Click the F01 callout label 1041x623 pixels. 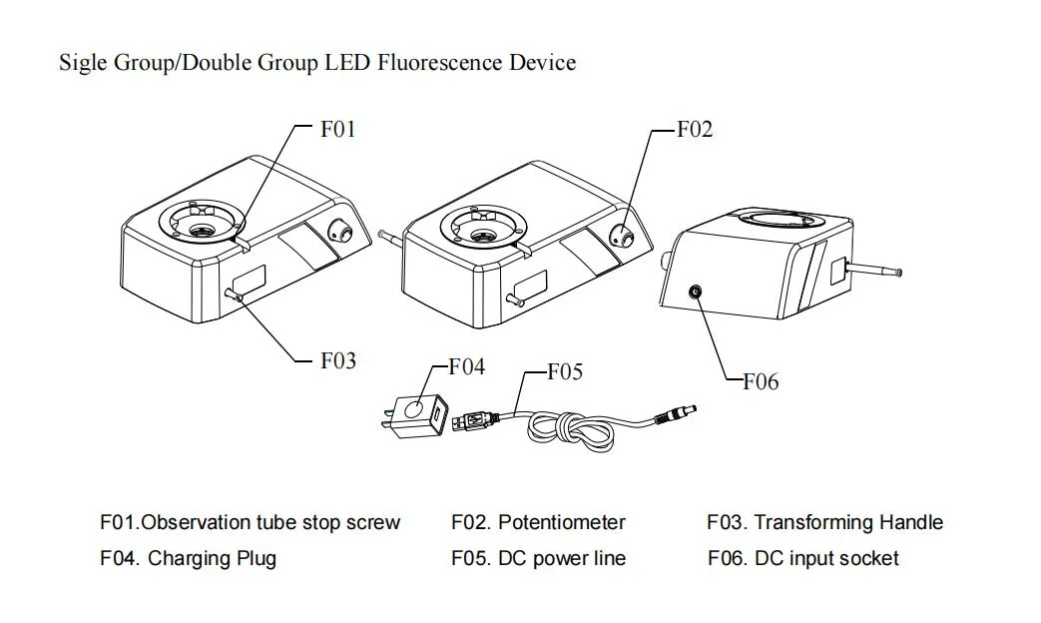pyautogui.click(x=337, y=130)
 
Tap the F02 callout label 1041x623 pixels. pyautogui.click(x=695, y=130)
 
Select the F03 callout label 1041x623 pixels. pyautogui.click(x=337, y=360)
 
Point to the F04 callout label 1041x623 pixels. pyautogui.click(x=466, y=367)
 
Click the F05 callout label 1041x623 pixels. pyautogui.click(x=565, y=372)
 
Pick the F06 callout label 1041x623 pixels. pyautogui.click(x=761, y=381)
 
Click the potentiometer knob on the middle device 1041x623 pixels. pyautogui.click(x=621, y=235)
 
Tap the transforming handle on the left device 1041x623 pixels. pyautogui.click(x=235, y=294)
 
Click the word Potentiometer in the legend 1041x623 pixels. pyautogui.click(x=562, y=522)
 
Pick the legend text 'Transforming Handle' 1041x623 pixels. pyautogui.click(x=848, y=522)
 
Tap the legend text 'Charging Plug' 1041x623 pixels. pyautogui.click(x=212, y=558)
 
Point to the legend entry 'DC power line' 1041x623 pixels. pyautogui.click(x=562, y=558)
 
